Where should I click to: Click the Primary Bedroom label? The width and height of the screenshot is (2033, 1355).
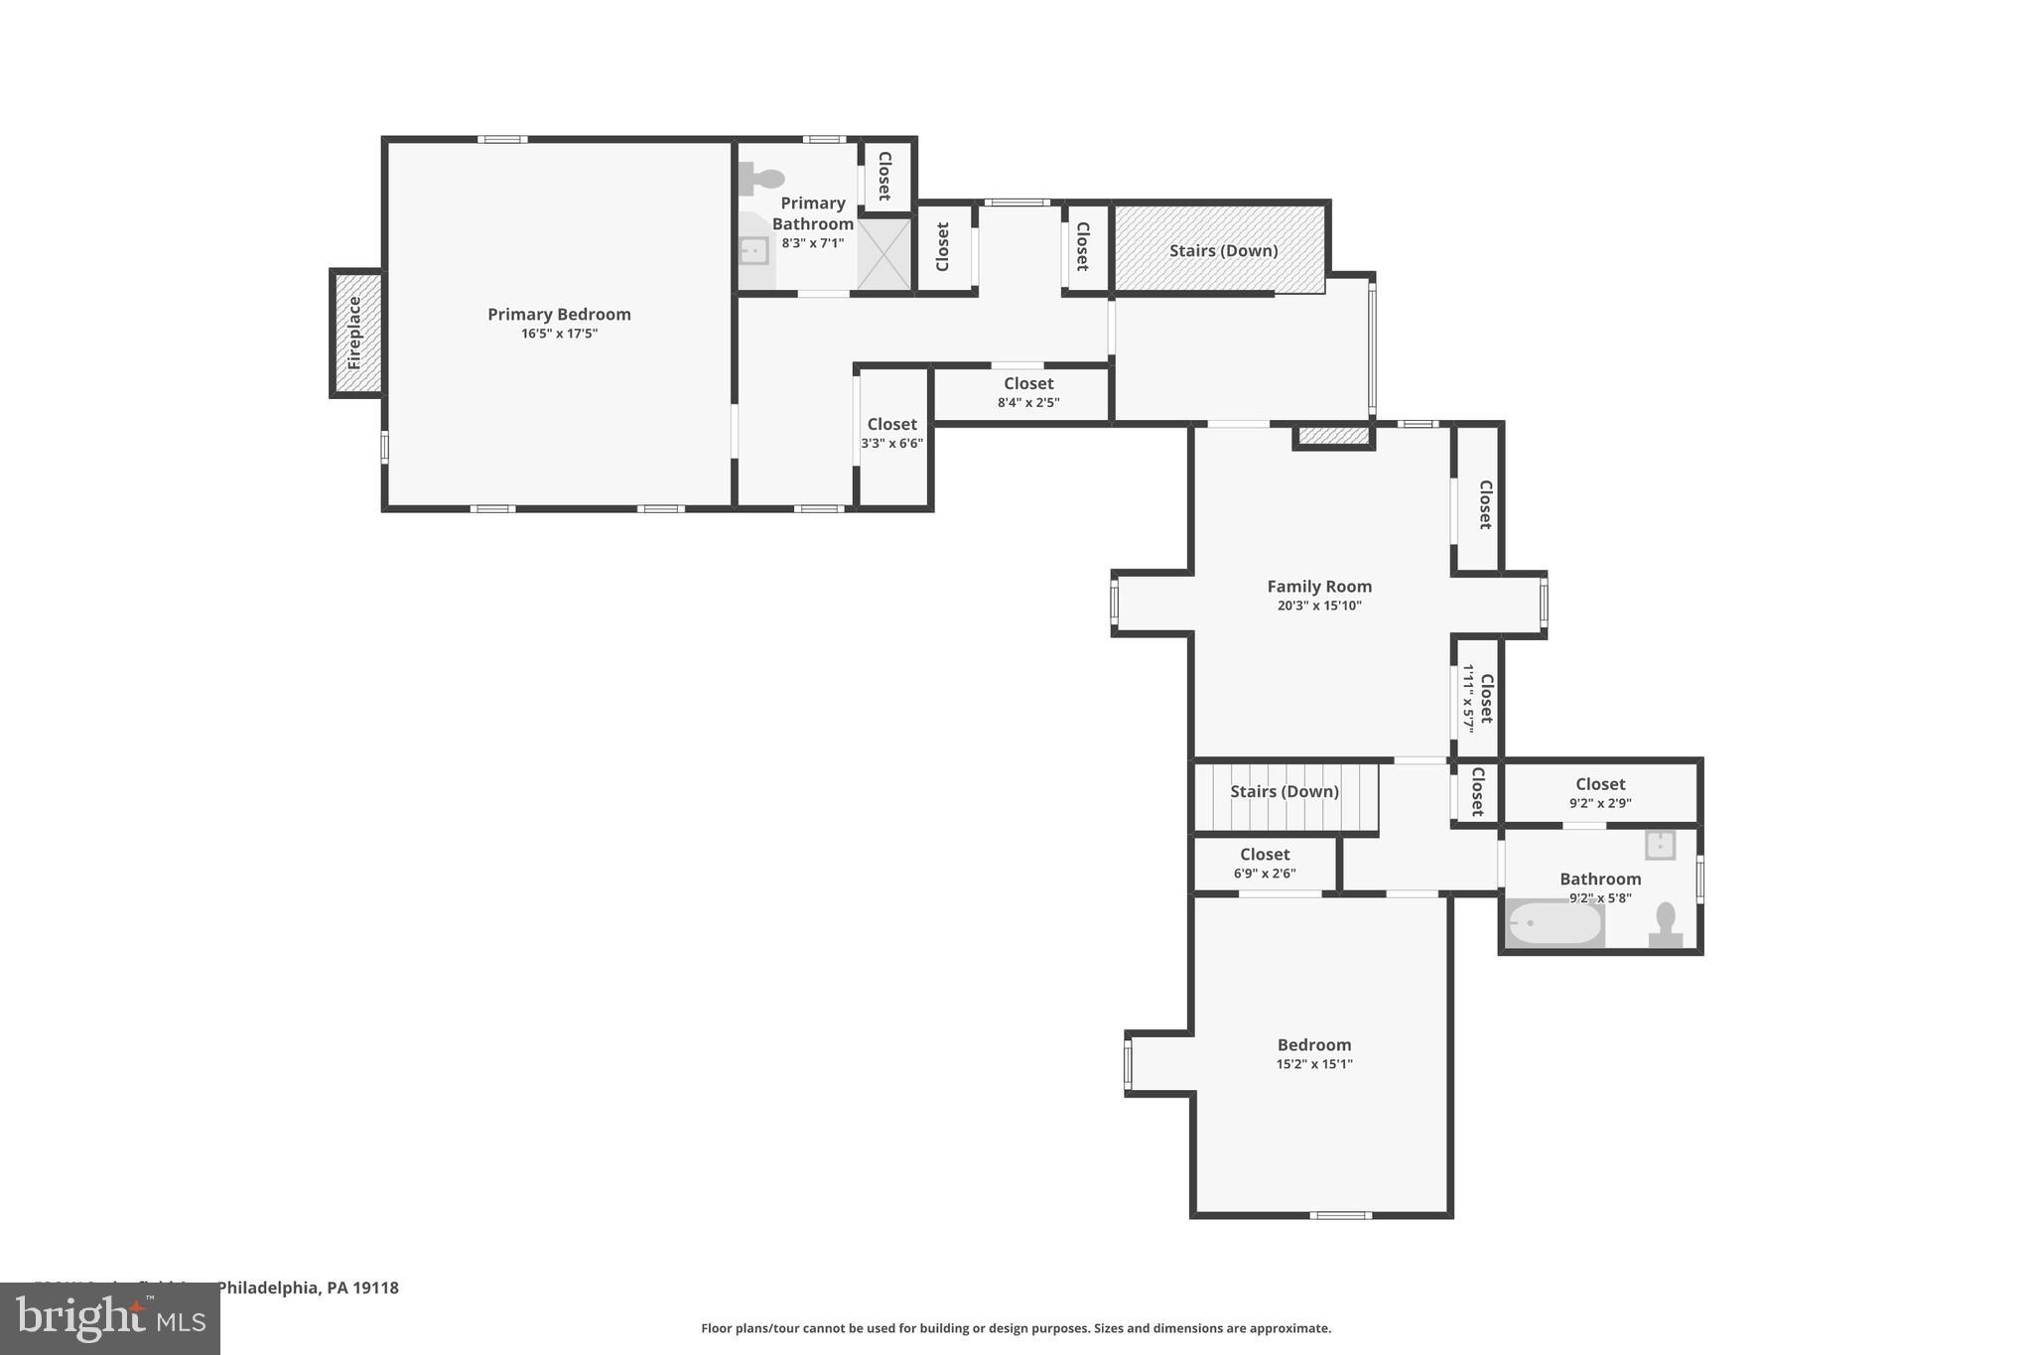tap(559, 315)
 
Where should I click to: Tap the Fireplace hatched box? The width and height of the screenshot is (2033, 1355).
tap(355, 334)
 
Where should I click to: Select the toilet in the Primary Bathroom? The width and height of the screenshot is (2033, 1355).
tap(761, 180)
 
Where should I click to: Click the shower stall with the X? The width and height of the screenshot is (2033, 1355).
tap(883, 254)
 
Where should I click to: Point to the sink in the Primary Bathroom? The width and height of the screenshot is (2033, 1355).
tap(754, 250)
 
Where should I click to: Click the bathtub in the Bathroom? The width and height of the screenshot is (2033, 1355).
tap(1554, 924)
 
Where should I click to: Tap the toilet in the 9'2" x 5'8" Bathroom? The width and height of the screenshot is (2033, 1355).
tap(1665, 925)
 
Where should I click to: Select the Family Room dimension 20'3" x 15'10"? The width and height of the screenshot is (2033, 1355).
tap(1319, 606)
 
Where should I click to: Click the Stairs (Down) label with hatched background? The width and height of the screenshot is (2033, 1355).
tap(1223, 250)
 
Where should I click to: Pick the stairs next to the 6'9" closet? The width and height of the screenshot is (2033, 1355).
tap(1285, 795)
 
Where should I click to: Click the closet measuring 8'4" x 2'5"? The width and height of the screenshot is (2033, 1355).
tap(1028, 392)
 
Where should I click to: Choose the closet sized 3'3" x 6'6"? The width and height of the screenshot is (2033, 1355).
tap(891, 434)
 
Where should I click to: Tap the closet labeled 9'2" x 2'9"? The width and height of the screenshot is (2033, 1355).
tap(1599, 792)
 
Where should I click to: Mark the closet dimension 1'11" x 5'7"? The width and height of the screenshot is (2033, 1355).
tap(1467, 697)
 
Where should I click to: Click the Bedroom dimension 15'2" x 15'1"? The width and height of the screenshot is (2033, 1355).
tap(1314, 1064)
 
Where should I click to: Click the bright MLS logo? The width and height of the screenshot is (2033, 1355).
tap(110, 1318)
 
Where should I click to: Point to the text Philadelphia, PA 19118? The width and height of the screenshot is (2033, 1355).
tap(308, 1287)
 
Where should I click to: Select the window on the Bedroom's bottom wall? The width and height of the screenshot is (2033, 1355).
tap(1340, 1215)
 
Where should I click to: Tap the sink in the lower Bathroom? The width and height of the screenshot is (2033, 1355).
tap(1660, 845)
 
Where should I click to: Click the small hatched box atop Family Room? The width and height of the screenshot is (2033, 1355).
tap(1333, 436)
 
